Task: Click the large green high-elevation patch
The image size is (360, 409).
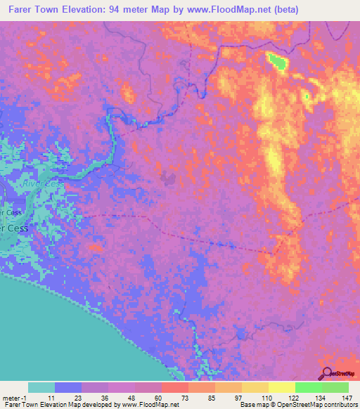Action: [276, 61]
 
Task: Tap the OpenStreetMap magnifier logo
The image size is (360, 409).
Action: [328, 375]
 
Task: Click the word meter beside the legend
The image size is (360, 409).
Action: [13, 397]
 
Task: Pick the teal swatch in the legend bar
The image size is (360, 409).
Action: [41, 387]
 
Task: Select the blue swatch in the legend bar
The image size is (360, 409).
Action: [68, 387]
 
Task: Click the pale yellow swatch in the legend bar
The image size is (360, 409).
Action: [281, 387]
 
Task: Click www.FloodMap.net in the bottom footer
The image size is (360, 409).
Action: [150, 405]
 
